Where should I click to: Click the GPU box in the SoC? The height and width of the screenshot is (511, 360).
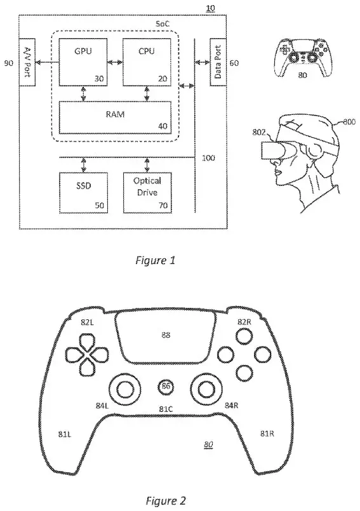click(83, 62)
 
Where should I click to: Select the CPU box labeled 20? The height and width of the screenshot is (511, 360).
click(147, 62)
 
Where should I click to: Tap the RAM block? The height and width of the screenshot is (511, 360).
click(115, 117)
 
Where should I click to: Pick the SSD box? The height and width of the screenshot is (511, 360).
click(83, 192)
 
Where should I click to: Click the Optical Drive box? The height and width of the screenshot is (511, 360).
click(147, 192)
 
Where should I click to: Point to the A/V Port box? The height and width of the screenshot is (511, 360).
click(27, 62)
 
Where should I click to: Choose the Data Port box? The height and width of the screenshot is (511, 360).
click(218, 62)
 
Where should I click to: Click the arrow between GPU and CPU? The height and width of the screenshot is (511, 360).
click(115, 62)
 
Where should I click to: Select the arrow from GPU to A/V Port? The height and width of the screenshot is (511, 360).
click(47, 62)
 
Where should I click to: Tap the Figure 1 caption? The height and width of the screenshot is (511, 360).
click(156, 260)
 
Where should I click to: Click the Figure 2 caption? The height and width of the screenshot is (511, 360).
click(166, 500)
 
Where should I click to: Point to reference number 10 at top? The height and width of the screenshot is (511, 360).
click(211, 8)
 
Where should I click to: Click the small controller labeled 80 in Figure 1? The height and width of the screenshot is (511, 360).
click(303, 58)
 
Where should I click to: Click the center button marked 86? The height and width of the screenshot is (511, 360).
click(166, 387)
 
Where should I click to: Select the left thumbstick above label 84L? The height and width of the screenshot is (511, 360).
click(125, 388)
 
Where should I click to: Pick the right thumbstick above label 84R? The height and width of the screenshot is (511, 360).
click(208, 388)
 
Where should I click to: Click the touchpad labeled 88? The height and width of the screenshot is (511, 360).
click(166, 337)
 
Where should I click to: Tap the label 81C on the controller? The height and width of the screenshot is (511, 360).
click(166, 408)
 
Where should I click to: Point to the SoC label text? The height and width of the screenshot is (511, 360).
click(163, 24)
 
